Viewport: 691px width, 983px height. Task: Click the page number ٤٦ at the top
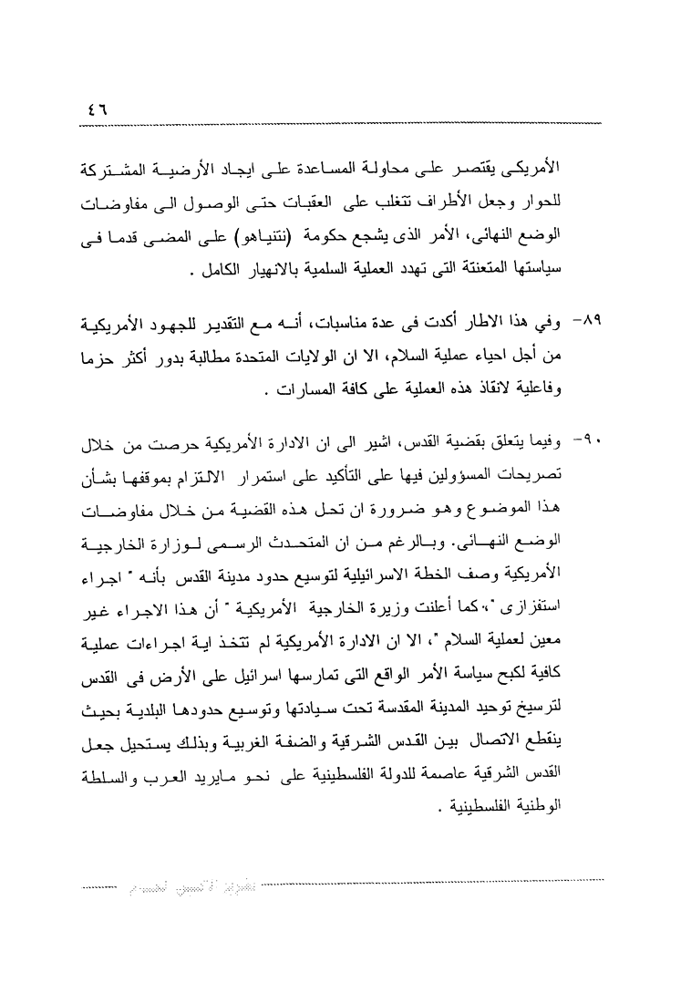click(95, 108)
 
